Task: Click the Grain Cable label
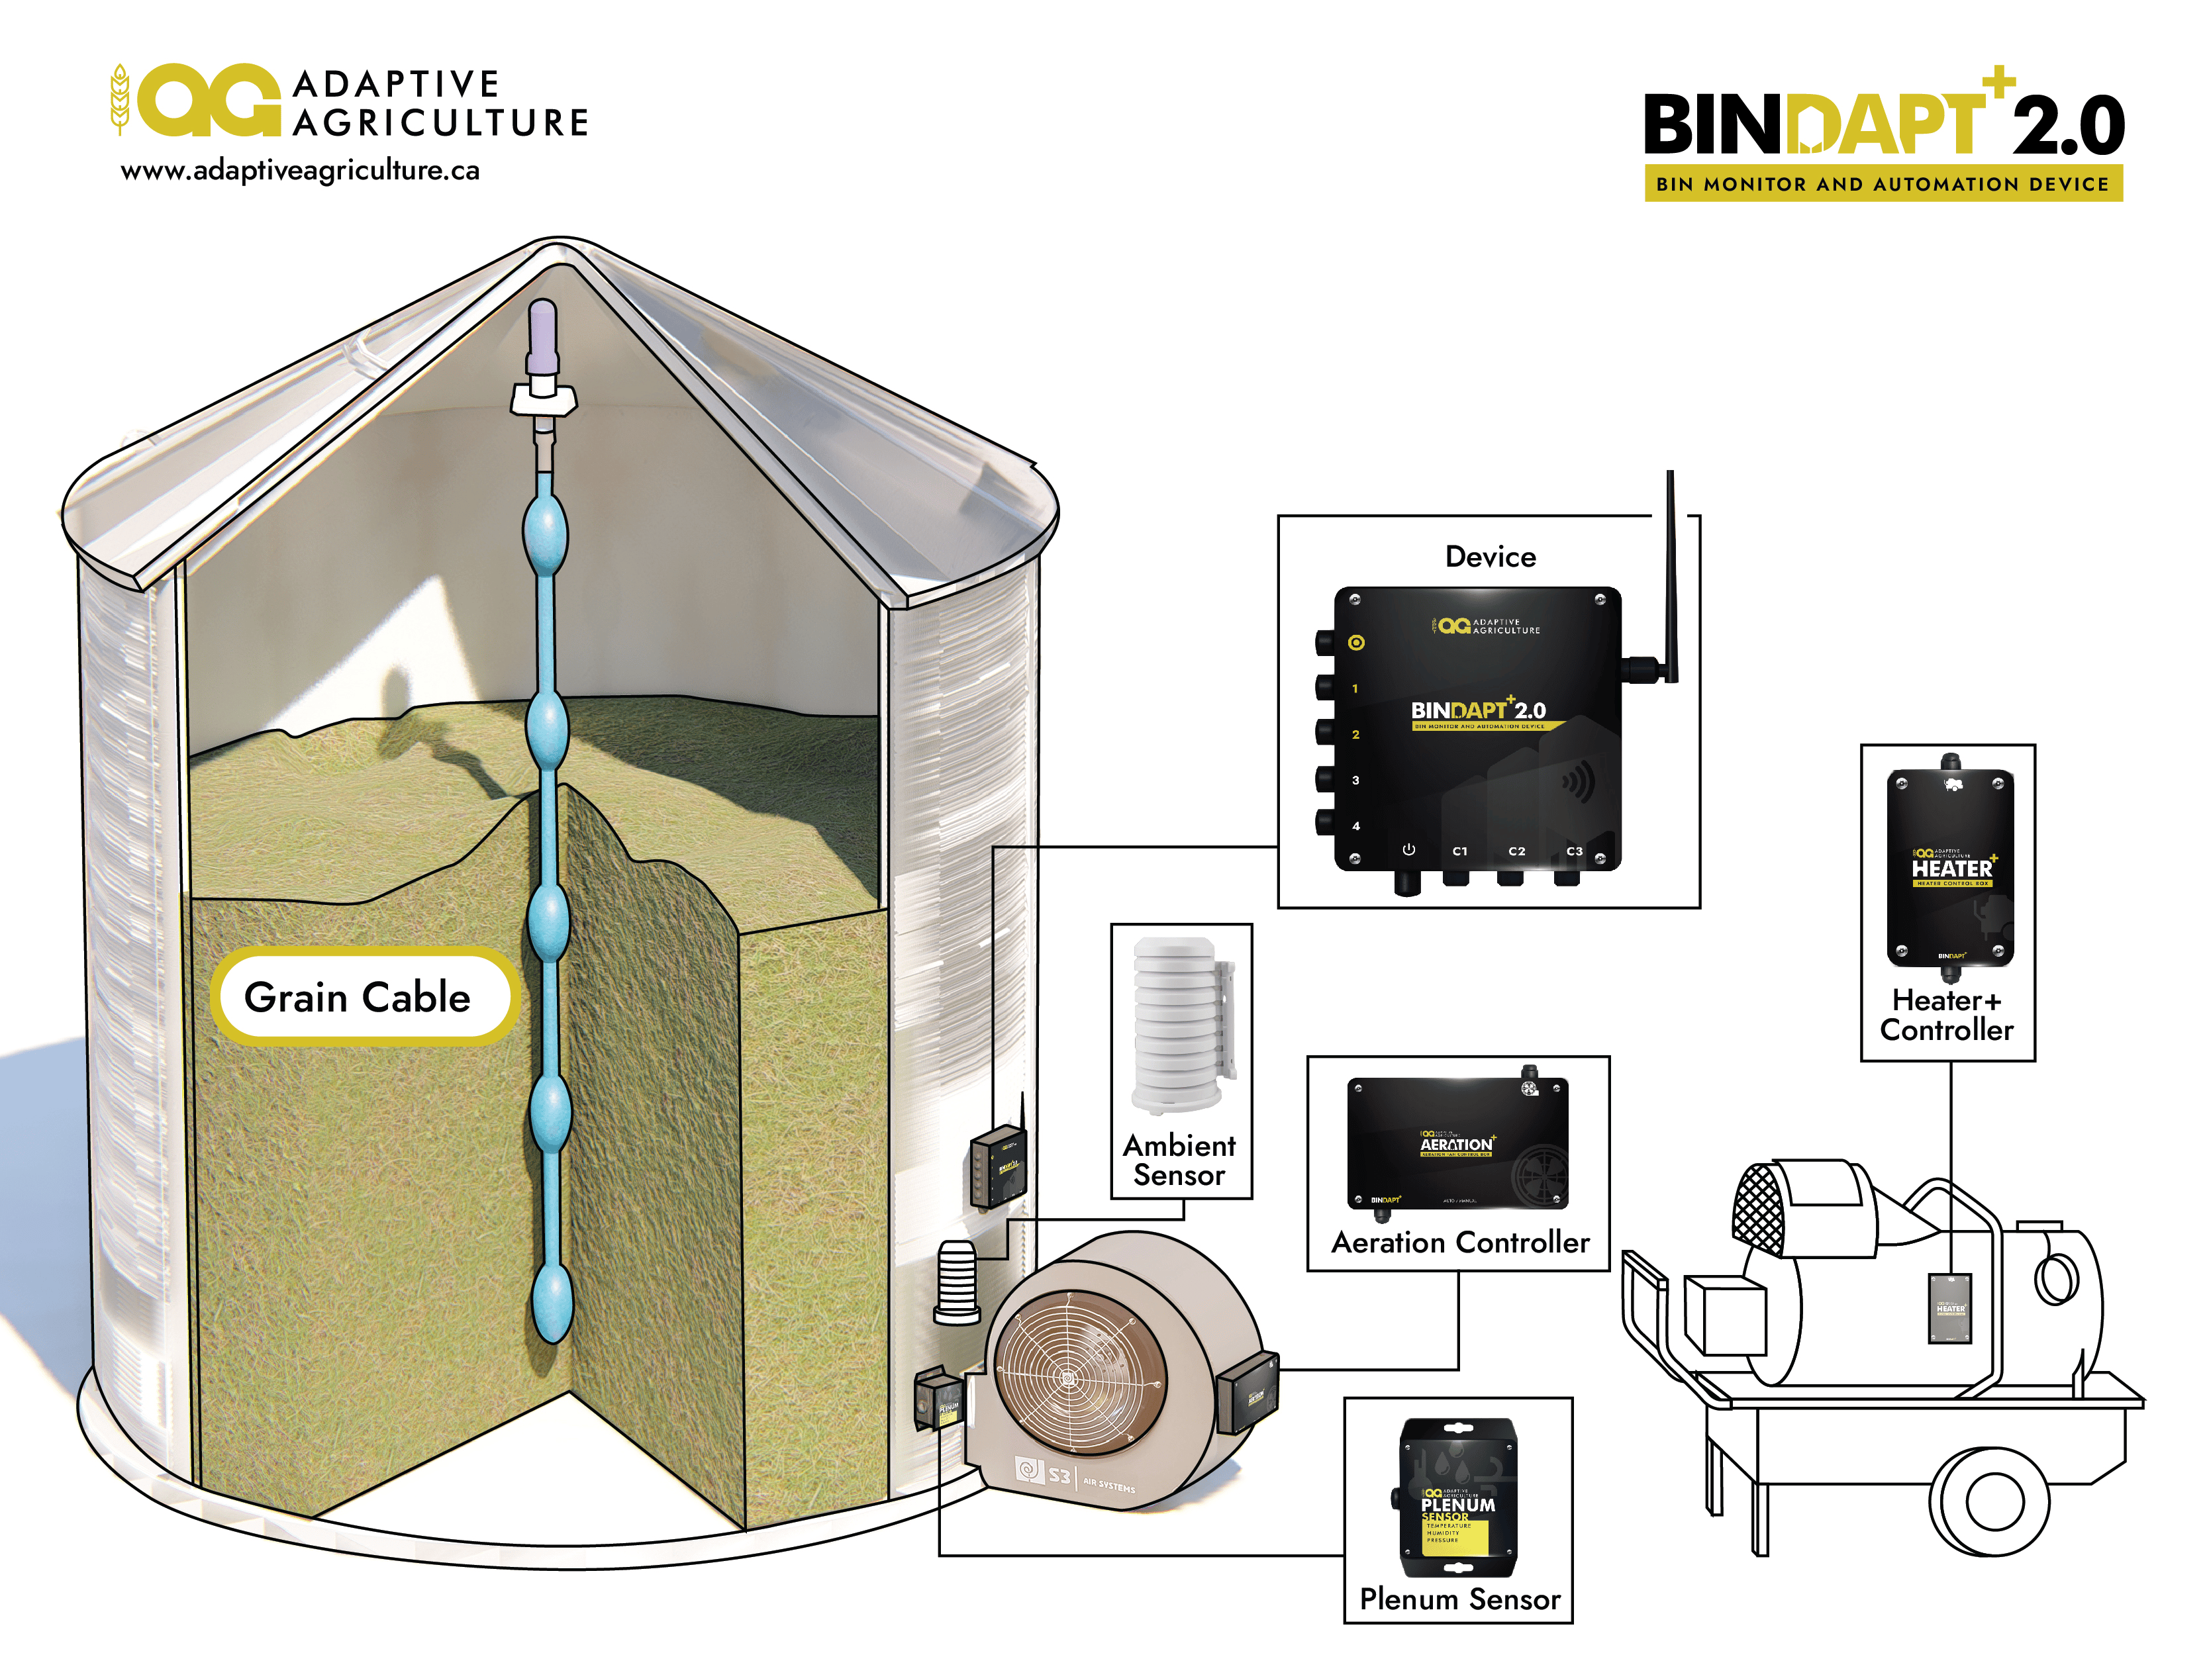[357, 996]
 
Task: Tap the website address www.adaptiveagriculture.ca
[299, 171]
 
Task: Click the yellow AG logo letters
[209, 100]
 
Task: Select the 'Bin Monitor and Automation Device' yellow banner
[1882, 183]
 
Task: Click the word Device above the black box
[1490, 557]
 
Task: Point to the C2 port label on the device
[1516, 851]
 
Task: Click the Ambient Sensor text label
[1179, 1160]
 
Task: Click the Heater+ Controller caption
[1947, 1016]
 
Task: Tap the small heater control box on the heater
[1949, 1307]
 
